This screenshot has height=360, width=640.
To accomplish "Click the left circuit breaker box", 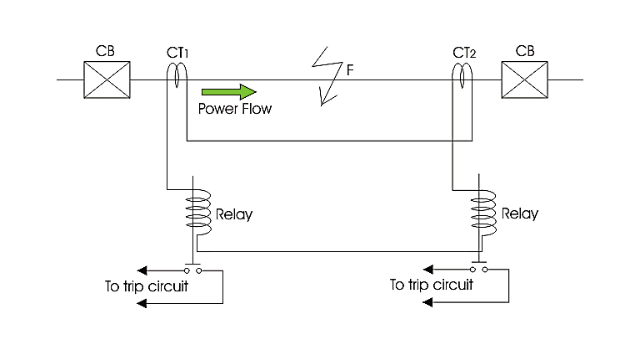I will tap(107, 80).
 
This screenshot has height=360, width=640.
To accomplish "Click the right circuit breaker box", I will tap(525, 80).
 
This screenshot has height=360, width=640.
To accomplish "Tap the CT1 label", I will tap(177, 53).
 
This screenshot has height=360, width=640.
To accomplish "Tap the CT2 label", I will tap(464, 53).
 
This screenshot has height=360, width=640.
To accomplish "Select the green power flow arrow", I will tap(229, 92).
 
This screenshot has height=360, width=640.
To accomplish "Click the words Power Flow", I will tap(235, 109).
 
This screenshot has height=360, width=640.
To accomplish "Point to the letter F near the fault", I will tap(350, 70).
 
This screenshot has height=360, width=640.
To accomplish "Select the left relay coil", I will tap(198, 212).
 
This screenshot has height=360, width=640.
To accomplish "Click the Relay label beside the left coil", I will tap(234, 214).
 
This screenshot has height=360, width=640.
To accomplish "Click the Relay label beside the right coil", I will tap(520, 214).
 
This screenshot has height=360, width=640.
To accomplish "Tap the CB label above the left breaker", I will tap(105, 51).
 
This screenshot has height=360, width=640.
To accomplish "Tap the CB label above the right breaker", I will tap(525, 51).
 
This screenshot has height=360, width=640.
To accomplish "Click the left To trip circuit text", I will tap(147, 286).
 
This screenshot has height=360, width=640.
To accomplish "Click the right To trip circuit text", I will tap(432, 285).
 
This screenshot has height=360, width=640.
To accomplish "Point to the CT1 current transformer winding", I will tap(177, 75).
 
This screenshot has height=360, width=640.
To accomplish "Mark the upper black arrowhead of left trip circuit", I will tap(142, 270).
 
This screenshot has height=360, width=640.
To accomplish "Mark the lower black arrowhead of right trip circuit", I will tap(428, 302).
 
